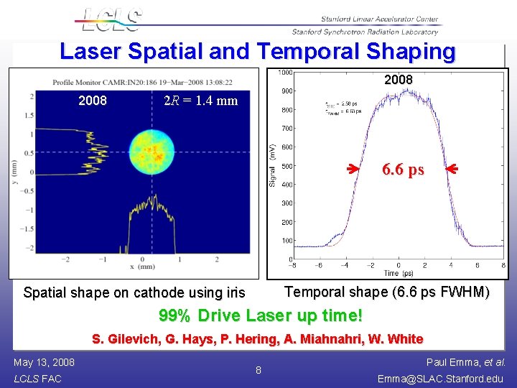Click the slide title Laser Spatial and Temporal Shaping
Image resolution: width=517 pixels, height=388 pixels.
point(258,52)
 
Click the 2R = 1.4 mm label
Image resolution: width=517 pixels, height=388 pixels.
point(201,101)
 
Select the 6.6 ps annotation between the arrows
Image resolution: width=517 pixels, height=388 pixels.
point(403,170)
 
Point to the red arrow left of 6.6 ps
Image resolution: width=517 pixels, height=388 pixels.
point(350,170)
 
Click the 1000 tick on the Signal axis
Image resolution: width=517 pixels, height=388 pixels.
point(285,73)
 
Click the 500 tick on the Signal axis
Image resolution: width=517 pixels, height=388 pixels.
point(287,166)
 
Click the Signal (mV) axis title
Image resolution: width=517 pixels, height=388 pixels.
point(273,166)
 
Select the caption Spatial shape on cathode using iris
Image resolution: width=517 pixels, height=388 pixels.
point(134,292)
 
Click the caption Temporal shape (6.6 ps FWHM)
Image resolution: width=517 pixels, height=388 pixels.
point(388,292)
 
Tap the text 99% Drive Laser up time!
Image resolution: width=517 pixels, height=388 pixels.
point(260,316)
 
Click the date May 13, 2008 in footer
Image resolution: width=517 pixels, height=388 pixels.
point(44,362)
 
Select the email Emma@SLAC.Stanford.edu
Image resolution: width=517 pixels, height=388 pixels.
point(442,379)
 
